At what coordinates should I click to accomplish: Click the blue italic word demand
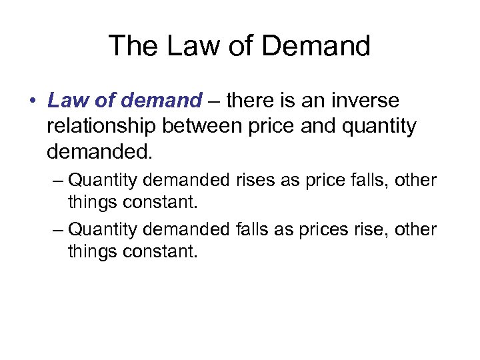pos(163,101)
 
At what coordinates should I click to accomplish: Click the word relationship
pos(101,126)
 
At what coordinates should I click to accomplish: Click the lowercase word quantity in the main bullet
pos(379,126)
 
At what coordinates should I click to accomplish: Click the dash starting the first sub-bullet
pos(59,180)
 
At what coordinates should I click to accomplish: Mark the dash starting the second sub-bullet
pos(59,230)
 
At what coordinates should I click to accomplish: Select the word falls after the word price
pos(367,180)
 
